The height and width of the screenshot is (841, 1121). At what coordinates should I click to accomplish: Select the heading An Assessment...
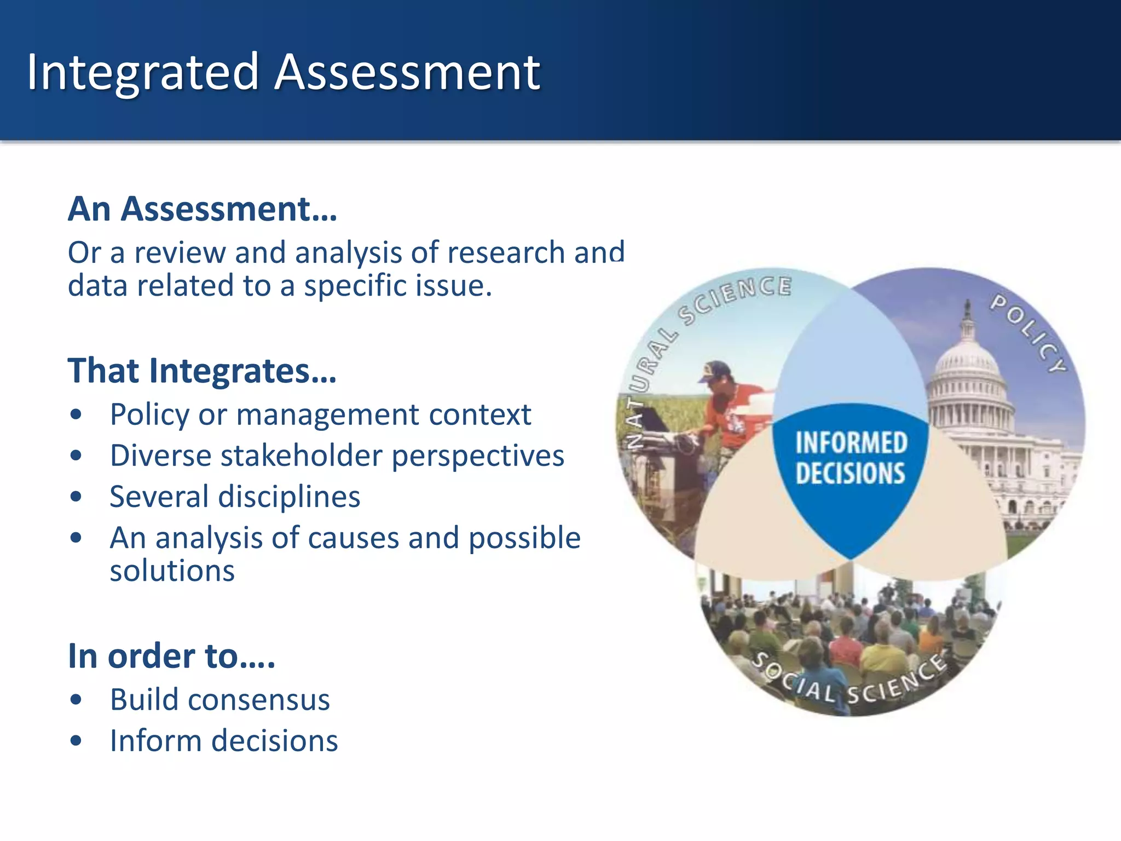click(x=202, y=209)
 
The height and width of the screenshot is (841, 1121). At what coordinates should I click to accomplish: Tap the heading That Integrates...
click(x=201, y=371)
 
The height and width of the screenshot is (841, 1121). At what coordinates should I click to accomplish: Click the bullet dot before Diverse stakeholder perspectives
click(x=76, y=456)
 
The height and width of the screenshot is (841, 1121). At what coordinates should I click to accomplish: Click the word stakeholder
click(x=302, y=456)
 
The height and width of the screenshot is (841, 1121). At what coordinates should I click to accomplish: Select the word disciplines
click(x=289, y=497)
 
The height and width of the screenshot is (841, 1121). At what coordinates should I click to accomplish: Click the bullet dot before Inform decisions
click(x=76, y=741)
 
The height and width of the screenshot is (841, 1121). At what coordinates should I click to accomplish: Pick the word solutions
click(x=172, y=571)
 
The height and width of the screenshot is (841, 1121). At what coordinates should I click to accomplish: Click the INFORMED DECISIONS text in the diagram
click(x=850, y=458)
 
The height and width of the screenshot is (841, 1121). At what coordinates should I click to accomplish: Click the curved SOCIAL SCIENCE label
click(x=849, y=682)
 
